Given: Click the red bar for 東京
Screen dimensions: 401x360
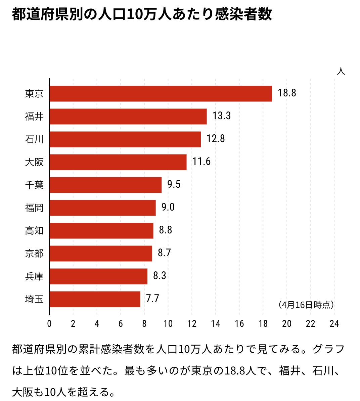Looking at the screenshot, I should tap(161, 94).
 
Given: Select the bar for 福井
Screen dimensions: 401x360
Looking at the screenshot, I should tap(128, 117).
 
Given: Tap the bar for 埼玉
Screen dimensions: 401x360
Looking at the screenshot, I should tap(95, 299).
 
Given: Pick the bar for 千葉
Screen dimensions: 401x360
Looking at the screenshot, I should tap(105, 185).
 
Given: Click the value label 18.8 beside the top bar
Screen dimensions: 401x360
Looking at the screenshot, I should tap(287, 93).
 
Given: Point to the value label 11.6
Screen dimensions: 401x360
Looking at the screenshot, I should tap(201, 162).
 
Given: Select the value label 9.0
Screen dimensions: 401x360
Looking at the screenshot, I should tap(168, 207).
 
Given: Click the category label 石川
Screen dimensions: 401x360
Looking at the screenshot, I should tap(34, 139).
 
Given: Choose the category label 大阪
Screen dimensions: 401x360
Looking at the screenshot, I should tap(34, 162).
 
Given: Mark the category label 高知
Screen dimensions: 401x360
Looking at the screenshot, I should tap(34, 231).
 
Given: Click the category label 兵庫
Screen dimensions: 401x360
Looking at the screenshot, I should tap(34, 276).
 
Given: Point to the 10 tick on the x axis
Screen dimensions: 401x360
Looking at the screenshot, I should tap(168, 324).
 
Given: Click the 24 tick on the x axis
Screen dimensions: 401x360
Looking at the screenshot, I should tap(334, 324).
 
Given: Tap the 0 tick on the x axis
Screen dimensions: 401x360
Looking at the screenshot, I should tap(49, 324).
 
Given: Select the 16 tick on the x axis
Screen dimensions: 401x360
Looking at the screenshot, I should tap(239, 324).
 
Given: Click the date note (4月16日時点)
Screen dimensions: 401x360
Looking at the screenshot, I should tap(306, 305).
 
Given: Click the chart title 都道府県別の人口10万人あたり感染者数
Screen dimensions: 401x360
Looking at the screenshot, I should tap(142, 15).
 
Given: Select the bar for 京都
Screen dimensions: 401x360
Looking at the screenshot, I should tap(101, 254).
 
